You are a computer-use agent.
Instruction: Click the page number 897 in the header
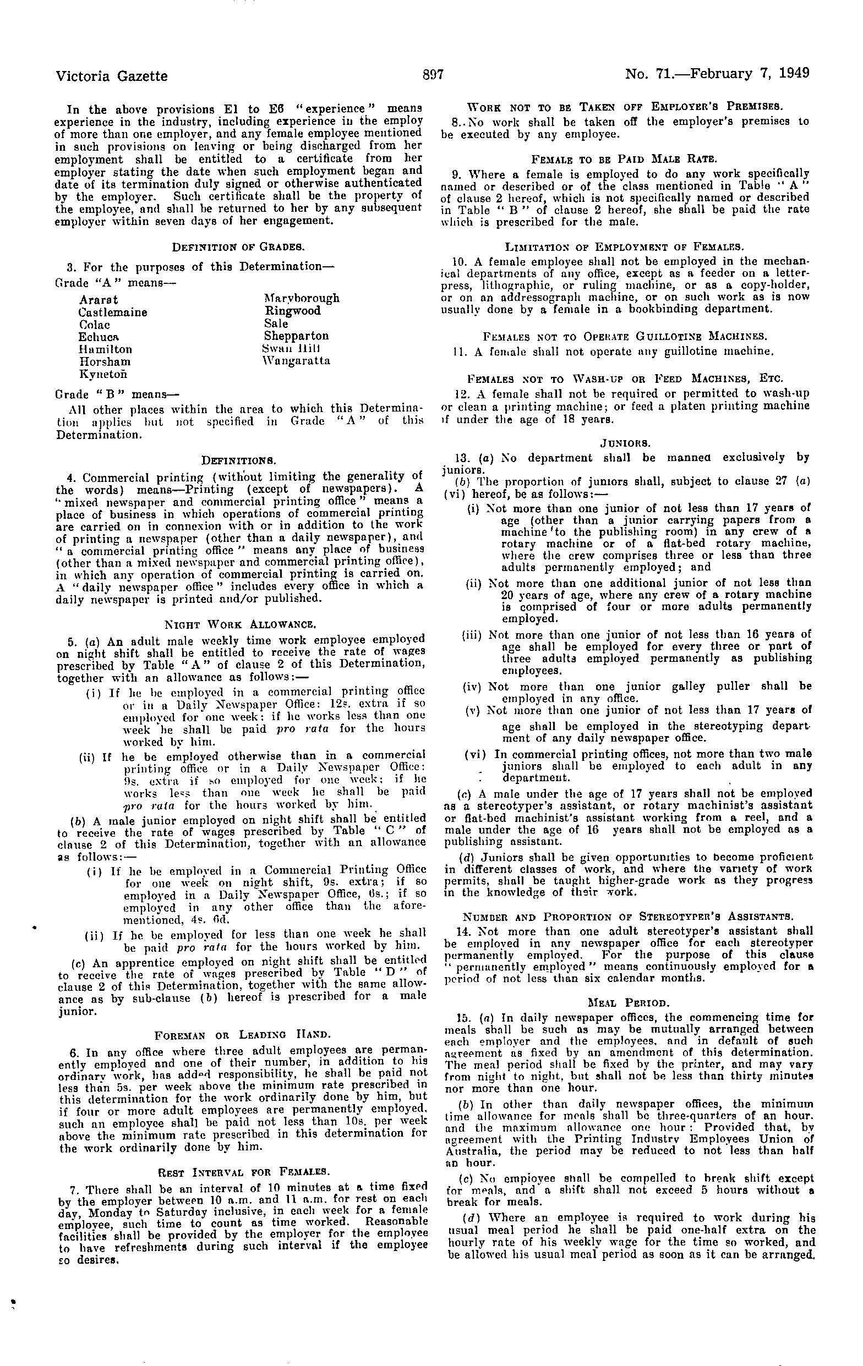tap(432, 74)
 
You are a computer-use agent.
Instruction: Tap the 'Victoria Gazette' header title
tap(112, 75)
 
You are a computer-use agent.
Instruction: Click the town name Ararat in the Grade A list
tap(99, 299)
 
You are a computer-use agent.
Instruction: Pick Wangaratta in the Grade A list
tap(296, 361)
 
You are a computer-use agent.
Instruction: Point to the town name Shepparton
tap(296, 336)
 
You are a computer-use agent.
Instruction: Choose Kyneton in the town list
tap(103, 375)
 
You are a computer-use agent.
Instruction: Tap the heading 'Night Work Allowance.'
tap(239, 624)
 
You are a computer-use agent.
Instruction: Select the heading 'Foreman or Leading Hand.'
tap(239, 1033)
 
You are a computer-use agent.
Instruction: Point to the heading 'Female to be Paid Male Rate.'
tap(625, 158)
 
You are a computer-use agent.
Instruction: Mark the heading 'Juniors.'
tap(625, 442)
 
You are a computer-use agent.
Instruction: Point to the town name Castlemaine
tap(113, 312)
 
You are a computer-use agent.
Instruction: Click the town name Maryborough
tap(301, 298)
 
